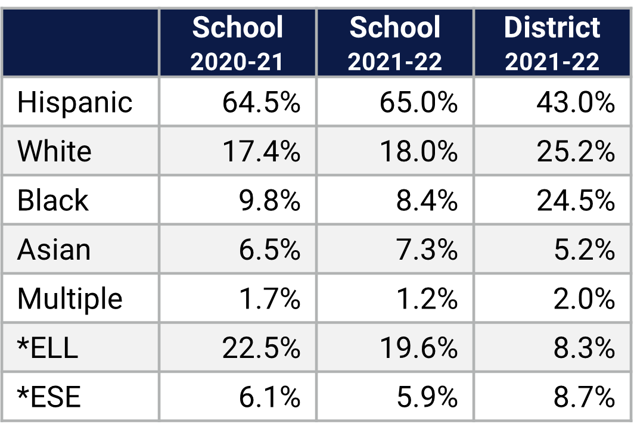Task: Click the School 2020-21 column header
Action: pyautogui.click(x=237, y=43)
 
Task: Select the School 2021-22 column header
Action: pyautogui.click(x=395, y=43)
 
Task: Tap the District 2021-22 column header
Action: pyautogui.click(x=552, y=43)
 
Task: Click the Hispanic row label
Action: pyautogui.click(x=74, y=102)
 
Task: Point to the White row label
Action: pyautogui.click(x=54, y=151)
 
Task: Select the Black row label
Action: pyautogui.click(x=52, y=200)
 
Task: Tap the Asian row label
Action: pyautogui.click(x=54, y=250)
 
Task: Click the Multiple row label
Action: pyautogui.click(x=70, y=298)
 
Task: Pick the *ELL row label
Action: pyautogui.click(x=48, y=348)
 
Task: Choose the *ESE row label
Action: pyautogui.click(x=48, y=397)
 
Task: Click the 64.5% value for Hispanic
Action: pyautogui.click(x=261, y=102)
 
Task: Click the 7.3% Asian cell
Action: pyautogui.click(x=427, y=250)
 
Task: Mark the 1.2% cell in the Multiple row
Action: pyautogui.click(x=427, y=298)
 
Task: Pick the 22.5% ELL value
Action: pyautogui.click(x=261, y=348)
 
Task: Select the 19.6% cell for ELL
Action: pyautogui.click(x=418, y=348)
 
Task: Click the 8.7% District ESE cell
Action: pyautogui.click(x=584, y=397)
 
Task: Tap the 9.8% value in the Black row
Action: pyautogui.click(x=270, y=201)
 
